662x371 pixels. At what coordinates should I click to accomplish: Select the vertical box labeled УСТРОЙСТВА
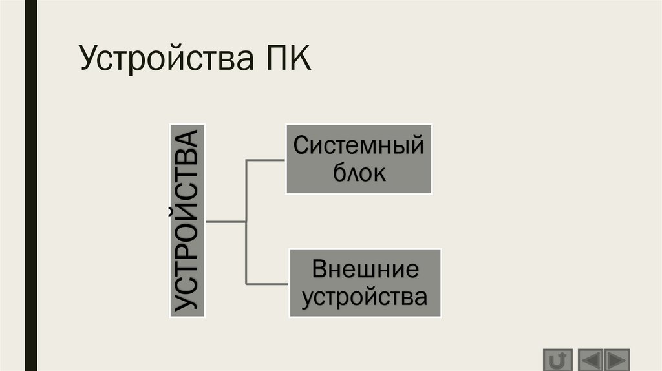pyautogui.click(x=187, y=220)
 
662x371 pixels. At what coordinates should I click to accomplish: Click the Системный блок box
pyautogui.click(x=359, y=159)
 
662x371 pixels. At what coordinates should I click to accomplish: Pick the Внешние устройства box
pyautogui.click(x=365, y=283)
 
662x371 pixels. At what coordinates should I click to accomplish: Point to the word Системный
pyautogui.click(x=359, y=145)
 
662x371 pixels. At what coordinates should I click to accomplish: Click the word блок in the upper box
pyautogui.click(x=359, y=173)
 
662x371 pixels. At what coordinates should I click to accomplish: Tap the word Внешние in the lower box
pyautogui.click(x=365, y=270)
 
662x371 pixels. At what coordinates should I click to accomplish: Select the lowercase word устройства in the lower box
pyautogui.click(x=365, y=297)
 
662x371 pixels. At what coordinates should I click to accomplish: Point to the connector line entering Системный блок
pyautogui.click(x=266, y=159)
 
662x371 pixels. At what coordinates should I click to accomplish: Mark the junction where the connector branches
pyautogui.click(x=246, y=222)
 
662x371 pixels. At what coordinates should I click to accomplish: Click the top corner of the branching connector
pyautogui.click(x=246, y=159)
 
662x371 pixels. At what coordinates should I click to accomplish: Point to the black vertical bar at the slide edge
pyautogui.click(x=29, y=185)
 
